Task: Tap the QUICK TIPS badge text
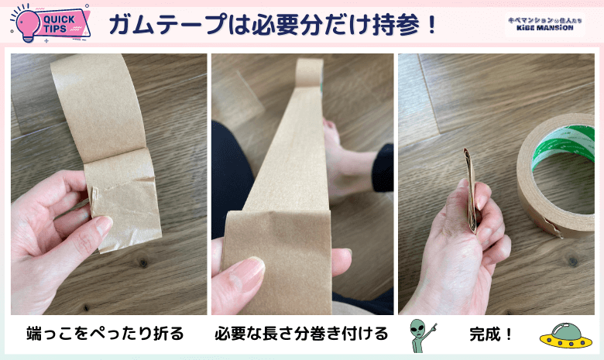[x=59, y=24]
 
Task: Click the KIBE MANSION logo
[x=544, y=24]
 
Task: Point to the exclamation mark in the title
[x=431, y=25]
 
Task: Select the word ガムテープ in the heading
[x=167, y=24]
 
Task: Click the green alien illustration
[x=421, y=335]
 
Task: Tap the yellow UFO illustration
[x=566, y=336]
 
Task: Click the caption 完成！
[x=491, y=334]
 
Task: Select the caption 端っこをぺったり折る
[x=105, y=334]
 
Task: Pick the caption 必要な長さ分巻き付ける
[x=301, y=334]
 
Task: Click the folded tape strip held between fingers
[x=471, y=190]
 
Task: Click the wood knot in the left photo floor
[x=143, y=263]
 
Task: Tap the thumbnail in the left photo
[x=102, y=225]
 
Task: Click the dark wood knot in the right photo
[x=573, y=262]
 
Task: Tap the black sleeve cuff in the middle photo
[x=383, y=167]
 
